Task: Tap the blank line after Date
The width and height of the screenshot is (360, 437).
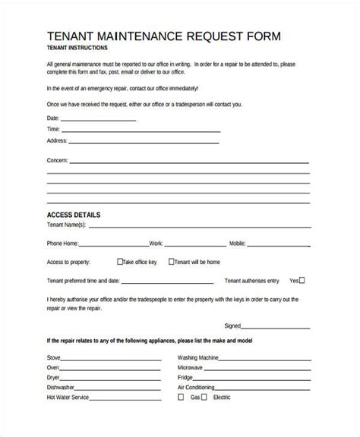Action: click(98, 120)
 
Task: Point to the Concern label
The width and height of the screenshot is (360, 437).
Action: click(58, 162)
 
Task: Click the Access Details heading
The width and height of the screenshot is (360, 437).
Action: click(74, 215)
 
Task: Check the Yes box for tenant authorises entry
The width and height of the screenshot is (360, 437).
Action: click(302, 279)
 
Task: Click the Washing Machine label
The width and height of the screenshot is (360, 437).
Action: click(199, 357)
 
